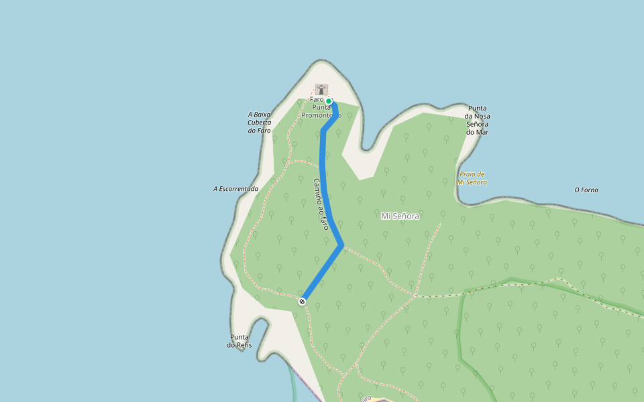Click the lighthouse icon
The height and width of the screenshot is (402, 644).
pos(322,89)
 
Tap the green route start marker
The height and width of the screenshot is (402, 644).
pos(329,101)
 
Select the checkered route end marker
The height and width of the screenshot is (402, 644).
pos(302,301)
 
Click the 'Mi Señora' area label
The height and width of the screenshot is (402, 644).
pos(400,216)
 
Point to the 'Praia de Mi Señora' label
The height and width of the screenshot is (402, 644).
pos(472,178)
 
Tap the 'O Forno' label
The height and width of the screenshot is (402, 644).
pos(586,190)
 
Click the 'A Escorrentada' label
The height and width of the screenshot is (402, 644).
pos(235,189)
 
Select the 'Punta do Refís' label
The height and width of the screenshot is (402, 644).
pos(240,341)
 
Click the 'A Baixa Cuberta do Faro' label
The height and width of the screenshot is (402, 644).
pos(259,122)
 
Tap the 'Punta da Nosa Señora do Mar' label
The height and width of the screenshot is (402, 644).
pos(477,120)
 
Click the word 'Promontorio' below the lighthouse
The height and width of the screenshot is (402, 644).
pos(321,115)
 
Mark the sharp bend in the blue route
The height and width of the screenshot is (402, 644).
pos(343,245)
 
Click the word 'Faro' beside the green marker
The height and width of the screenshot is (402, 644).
pos(317,100)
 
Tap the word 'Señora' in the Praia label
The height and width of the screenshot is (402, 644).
pos(477,182)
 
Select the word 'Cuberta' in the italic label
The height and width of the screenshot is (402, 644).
pos(259,122)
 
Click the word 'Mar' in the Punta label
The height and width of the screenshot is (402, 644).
pos(482,132)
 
